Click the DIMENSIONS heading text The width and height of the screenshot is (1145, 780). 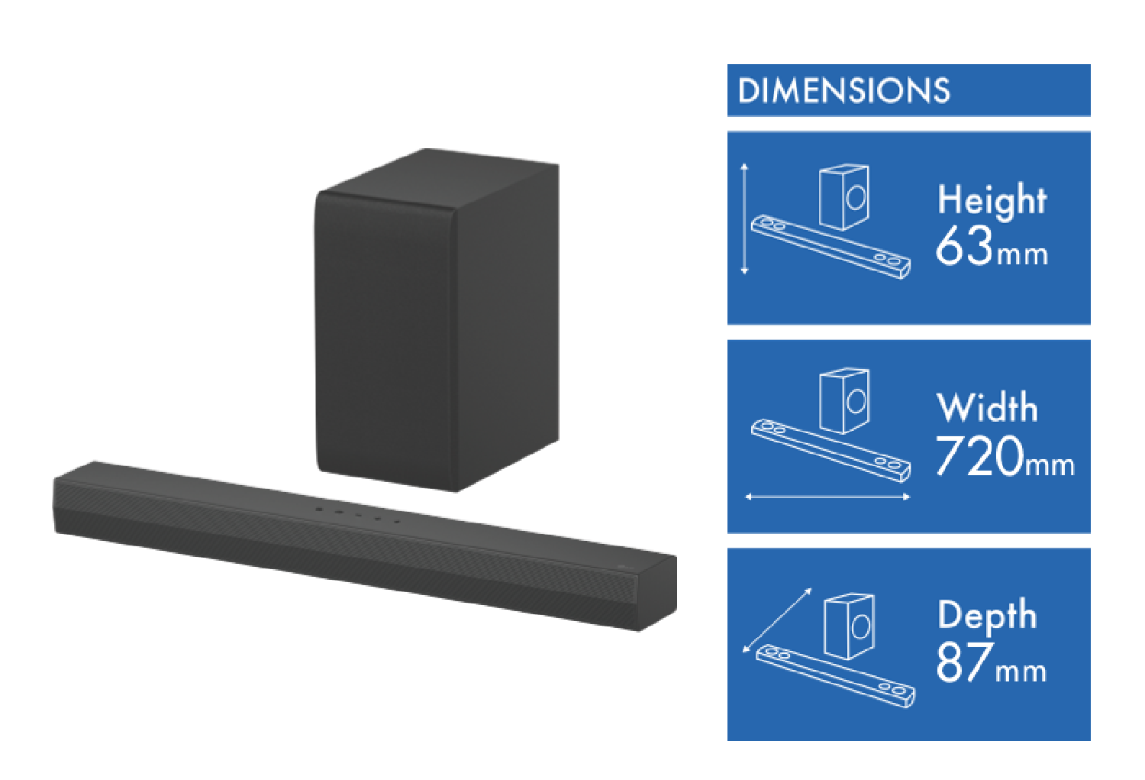coord(843,91)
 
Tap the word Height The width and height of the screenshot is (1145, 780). coord(992,200)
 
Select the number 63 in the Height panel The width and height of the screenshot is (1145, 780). coord(963,246)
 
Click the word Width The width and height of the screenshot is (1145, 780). coord(987,408)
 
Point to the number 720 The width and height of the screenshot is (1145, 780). coord(979,456)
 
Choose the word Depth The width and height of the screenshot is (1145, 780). coord(987,616)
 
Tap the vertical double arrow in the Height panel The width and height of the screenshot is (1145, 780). coord(745,218)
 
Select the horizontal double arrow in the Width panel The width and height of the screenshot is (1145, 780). coord(827,497)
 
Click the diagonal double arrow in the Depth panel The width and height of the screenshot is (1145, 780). coord(777,620)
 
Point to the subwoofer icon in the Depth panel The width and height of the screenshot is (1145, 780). coord(850,626)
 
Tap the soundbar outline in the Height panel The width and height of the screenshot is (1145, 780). coord(831,245)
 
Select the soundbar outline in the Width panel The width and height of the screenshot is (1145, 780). coord(831,450)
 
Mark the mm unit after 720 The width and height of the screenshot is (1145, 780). coord(1050,464)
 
